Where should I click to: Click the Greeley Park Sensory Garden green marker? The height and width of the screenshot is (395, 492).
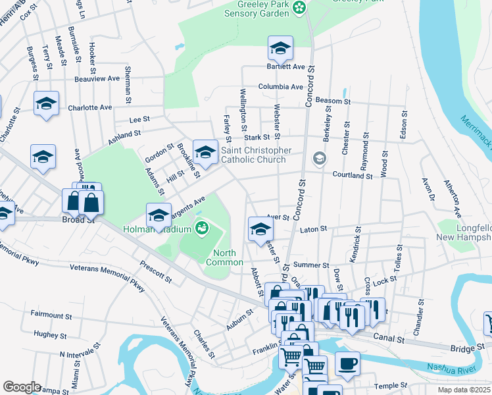click(299, 8)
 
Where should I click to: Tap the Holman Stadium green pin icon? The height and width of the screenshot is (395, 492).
click(202, 229)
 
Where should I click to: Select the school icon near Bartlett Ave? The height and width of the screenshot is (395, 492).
click(280, 48)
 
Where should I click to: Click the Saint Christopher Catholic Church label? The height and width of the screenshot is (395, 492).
click(256, 155)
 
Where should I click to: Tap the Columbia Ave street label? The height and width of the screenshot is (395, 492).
click(280, 86)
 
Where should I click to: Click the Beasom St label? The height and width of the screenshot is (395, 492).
click(333, 101)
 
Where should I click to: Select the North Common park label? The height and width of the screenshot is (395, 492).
click(224, 257)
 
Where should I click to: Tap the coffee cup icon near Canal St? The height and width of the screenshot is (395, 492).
click(347, 363)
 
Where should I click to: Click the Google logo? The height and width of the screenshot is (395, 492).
click(22, 387)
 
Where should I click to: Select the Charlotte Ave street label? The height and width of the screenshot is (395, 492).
click(89, 107)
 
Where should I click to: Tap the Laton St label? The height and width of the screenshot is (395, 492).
click(313, 229)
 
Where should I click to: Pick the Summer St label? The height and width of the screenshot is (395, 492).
click(311, 265)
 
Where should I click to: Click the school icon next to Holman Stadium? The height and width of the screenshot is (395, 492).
click(158, 215)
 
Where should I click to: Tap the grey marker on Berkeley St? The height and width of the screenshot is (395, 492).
click(320, 158)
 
